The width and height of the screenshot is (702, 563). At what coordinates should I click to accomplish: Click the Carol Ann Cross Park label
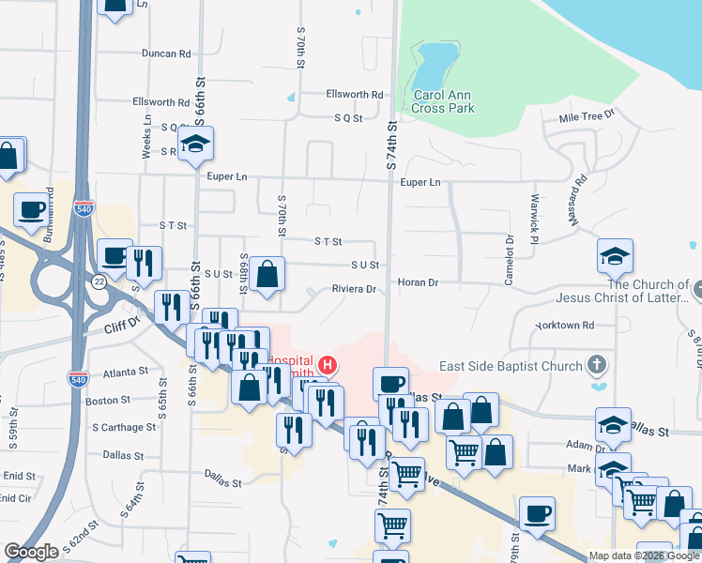click(443, 101)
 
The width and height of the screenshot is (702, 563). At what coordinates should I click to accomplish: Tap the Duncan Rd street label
click(166, 53)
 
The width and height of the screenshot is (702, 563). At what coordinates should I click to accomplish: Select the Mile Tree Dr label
click(586, 116)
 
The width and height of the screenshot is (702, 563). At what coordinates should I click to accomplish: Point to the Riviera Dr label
click(353, 289)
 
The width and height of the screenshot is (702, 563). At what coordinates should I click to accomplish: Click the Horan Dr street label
click(418, 281)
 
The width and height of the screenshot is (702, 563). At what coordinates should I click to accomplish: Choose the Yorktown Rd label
click(565, 326)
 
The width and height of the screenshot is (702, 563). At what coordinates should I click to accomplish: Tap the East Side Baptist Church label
click(511, 366)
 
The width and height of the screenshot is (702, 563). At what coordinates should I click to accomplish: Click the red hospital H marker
click(328, 364)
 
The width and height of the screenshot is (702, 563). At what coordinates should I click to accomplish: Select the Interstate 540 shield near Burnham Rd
click(84, 205)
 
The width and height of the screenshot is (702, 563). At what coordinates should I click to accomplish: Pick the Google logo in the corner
click(31, 551)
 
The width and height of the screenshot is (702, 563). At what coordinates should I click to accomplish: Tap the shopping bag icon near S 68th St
click(267, 275)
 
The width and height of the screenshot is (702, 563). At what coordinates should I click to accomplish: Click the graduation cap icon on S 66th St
click(197, 144)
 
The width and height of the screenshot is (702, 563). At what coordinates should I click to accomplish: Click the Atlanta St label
click(126, 372)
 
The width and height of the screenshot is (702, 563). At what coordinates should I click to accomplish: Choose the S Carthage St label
click(124, 427)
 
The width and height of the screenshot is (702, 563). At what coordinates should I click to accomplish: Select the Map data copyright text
click(644, 555)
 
